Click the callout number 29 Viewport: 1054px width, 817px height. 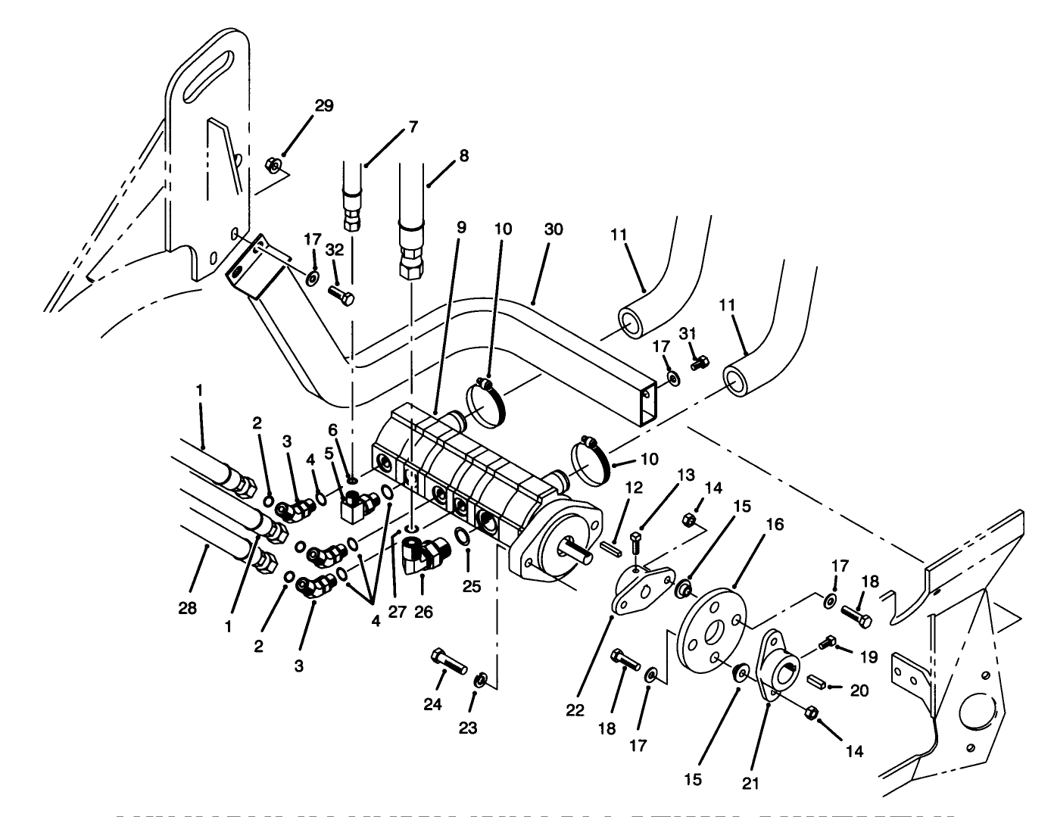(323, 105)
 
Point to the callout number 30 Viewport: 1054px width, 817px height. (554, 229)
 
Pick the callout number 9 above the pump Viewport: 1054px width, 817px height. (462, 227)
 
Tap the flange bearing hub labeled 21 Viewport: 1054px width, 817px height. (781, 666)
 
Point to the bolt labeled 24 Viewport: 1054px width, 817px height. (447, 660)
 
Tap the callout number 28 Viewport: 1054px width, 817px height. (188, 608)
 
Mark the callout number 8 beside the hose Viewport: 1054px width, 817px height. (463, 156)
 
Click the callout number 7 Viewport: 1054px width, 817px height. (413, 126)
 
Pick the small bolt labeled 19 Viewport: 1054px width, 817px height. (828, 644)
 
